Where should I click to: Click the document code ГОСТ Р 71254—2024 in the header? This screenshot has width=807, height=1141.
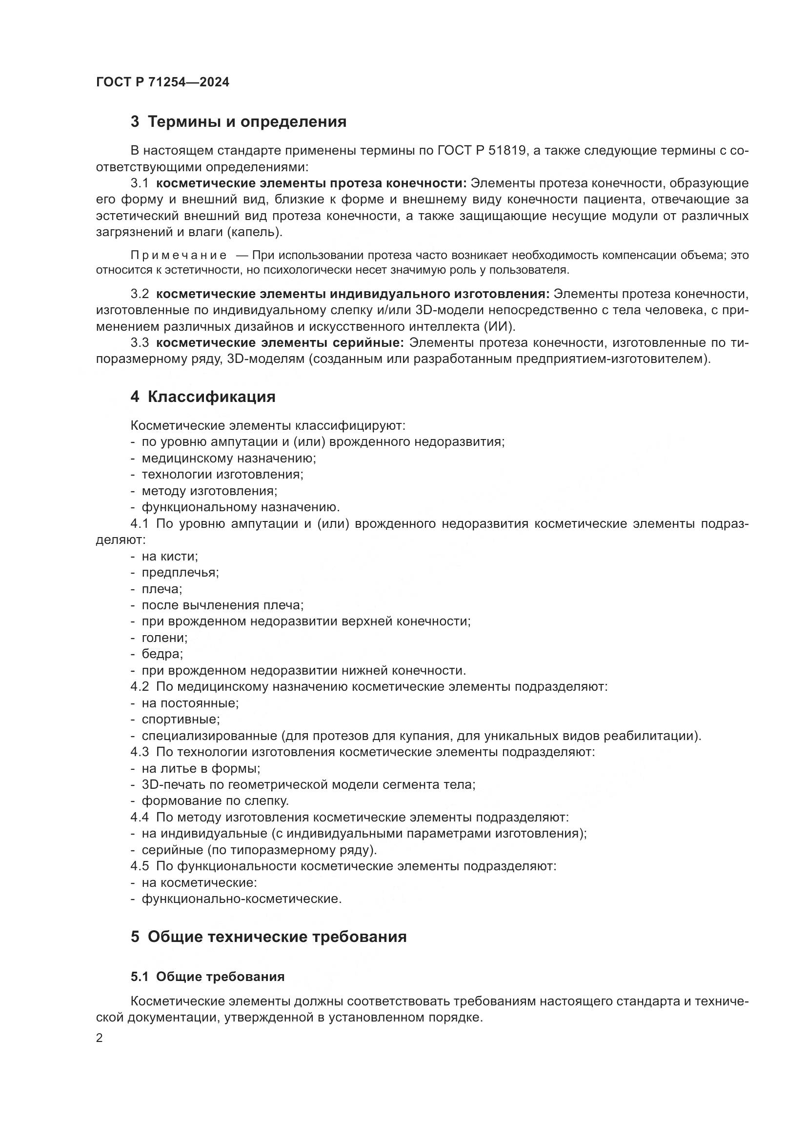click(x=162, y=82)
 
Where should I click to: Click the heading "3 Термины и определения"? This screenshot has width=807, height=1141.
click(x=239, y=122)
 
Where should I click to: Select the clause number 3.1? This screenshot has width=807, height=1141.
click(x=140, y=183)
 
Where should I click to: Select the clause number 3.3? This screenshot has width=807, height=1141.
click(x=140, y=343)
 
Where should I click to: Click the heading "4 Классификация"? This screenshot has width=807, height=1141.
click(x=203, y=397)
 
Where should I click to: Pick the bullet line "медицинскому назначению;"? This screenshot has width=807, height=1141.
click(x=228, y=458)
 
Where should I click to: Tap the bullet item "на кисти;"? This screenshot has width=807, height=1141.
click(x=169, y=556)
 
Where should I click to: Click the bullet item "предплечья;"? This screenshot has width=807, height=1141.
click(x=180, y=573)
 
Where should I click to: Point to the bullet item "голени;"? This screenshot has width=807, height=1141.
click(x=164, y=638)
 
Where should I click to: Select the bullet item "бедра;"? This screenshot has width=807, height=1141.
click(x=162, y=654)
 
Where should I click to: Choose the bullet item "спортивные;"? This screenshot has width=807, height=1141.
click(x=181, y=719)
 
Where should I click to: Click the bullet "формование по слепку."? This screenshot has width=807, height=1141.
click(x=215, y=801)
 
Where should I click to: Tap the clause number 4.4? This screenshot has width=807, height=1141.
click(x=140, y=817)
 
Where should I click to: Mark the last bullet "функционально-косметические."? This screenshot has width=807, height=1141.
click(x=242, y=899)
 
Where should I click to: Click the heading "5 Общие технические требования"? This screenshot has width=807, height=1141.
click(x=269, y=937)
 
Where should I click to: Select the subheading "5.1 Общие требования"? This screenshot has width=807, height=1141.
click(x=208, y=977)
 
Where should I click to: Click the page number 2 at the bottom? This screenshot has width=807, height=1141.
click(x=100, y=1038)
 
